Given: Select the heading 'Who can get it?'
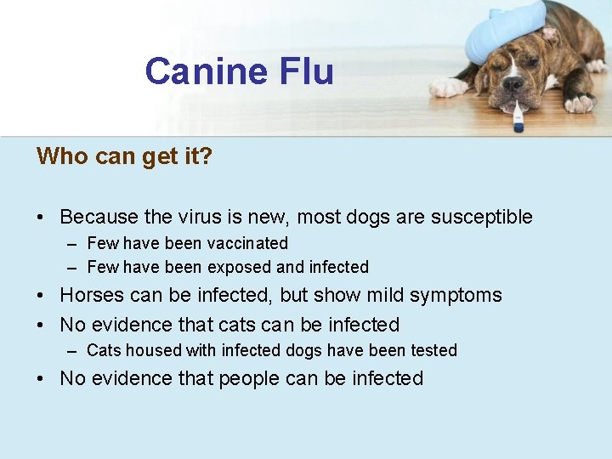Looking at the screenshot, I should [x=124, y=156].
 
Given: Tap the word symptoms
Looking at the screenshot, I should [x=456, y=296].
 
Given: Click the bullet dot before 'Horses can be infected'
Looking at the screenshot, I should [x=42, y=296].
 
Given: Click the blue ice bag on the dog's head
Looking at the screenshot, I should [x=504, y=28].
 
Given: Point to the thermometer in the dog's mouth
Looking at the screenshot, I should [x=517, y=116].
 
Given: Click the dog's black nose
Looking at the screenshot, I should [x=513, y=84].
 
